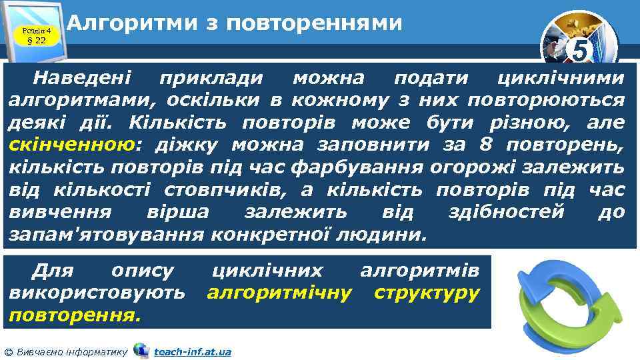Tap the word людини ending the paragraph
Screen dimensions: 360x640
click(391, 235)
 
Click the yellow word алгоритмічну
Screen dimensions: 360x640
click(279, 293)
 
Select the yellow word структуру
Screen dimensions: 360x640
click(427, 293)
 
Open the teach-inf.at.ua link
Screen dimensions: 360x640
click(192, 351)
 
